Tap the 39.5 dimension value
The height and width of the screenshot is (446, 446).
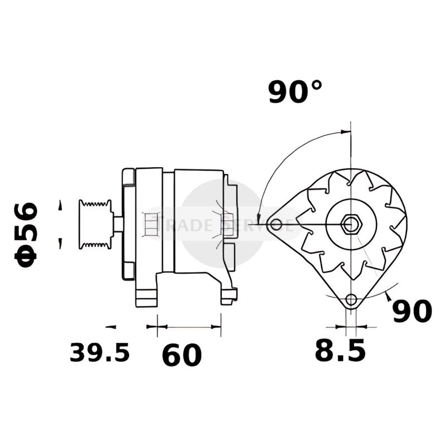99,352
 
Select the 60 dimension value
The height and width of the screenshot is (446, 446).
182,355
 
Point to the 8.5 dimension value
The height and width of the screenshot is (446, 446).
340,351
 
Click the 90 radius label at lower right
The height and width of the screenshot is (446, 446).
412,311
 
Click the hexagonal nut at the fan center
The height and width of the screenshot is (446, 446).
351,225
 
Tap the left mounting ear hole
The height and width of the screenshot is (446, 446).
275,225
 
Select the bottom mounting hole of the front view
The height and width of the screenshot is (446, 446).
351,300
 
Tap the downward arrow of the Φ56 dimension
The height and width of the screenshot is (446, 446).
59,244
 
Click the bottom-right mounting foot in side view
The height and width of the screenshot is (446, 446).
229,295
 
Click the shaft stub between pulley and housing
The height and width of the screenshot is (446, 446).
118,225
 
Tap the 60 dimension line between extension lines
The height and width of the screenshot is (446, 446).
189,326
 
